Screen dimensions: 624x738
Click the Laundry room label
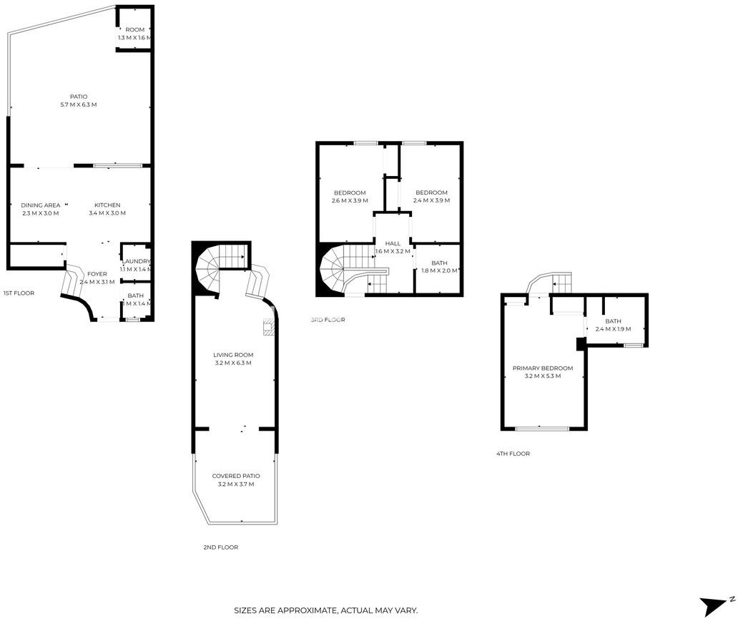[x=136, y=262]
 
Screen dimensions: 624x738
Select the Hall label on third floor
[x=393, y=244]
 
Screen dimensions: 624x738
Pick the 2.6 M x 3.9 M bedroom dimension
[x=350, y=200]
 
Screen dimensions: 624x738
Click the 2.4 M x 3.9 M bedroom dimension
[x=432, y=200]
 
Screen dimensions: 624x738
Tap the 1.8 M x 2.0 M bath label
[x=439, y=270]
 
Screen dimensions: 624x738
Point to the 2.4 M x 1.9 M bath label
[x=613, y=328]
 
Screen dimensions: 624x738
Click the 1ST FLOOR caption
[x=19, y=293]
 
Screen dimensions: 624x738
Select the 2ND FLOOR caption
[x=220, y=547]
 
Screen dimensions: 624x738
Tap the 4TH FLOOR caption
[x=513, y=454]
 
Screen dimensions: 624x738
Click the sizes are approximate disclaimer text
[x=326, y=610]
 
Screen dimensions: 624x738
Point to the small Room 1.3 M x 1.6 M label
[x=135, y=34]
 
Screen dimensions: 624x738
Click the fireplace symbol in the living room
[x=268, y=328]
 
